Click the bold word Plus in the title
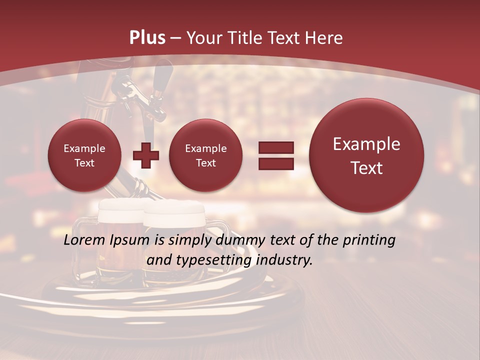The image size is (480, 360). click(147, 38)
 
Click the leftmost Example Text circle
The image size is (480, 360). click(84, 155)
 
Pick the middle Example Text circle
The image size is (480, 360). click(205, 155)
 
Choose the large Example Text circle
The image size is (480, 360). click(366, 155)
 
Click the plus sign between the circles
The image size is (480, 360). click(145, 155)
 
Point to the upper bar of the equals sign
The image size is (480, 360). click(276, 147)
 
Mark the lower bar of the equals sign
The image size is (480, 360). click(276, 163)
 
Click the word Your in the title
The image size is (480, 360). click(203, 38)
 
